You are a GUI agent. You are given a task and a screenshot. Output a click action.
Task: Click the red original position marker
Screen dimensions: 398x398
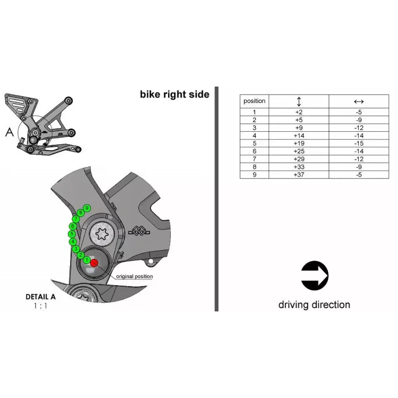pyautogui.click(x=94, y=263)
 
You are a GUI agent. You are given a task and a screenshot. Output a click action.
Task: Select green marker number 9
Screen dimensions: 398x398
pyautogui.click(x=87, y=208)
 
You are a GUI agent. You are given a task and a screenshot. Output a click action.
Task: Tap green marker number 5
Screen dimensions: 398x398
pyautogui.click(x=72, y=234)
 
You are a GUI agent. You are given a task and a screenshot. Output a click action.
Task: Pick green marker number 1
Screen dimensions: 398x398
pyautogui.click(x=87, y=260)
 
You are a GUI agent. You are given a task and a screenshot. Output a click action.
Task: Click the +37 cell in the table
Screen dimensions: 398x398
pyautogui.click(x=299, y=175)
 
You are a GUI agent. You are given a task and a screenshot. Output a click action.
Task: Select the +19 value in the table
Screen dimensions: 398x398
pyautogui.click(x=299, y=143)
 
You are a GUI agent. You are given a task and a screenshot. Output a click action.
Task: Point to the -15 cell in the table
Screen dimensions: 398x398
pyautogui.click(x=359, y=143)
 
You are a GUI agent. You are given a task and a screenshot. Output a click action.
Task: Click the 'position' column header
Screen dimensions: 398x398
pyautogui.click(x=254, y=101)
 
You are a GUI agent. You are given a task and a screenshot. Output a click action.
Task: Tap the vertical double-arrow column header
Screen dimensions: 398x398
pyautogui.click(x=299, y=101)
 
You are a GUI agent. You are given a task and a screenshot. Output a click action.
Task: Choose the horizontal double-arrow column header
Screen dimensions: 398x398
pyautogui.click(x=359, y=101)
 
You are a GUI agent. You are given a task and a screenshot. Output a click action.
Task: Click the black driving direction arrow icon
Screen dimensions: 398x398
pyautogui.click(x=314, y=276)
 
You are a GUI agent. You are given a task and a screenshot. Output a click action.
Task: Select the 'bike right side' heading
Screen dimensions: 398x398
pyautogui.click(x=175, y=95)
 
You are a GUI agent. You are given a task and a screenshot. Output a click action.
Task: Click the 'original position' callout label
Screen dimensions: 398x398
pyautogui.click(x=134, y=277)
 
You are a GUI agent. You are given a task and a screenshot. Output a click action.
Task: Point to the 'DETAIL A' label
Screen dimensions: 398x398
pyautogui.click(x=41, y=297)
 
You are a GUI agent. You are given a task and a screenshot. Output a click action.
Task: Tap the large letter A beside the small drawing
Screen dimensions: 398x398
pyautogui.click(x=9, y=132)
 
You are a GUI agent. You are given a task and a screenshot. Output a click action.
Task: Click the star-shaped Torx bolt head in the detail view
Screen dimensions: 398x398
pyautogui.click(x=102, y=233)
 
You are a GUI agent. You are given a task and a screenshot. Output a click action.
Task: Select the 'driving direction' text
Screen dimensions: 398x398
pyautogui.click(x=314, y=304)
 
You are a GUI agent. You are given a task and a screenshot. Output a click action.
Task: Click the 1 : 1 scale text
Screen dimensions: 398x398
pyautogui.click(x=40, y=306)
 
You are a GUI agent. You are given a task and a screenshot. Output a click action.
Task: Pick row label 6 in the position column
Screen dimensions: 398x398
pyautogui.click(x=254, y=151)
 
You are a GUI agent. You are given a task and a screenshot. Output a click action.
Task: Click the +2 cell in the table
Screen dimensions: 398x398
pyautogui.click(x=299, y=112)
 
